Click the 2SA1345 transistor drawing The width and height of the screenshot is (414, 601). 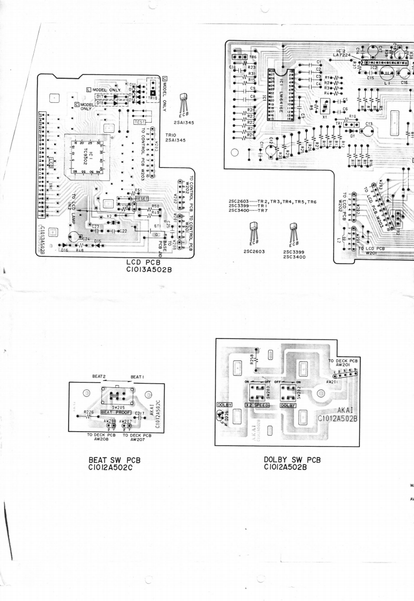tap(185, 99)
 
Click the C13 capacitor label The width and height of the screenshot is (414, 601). tap(369, 123)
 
